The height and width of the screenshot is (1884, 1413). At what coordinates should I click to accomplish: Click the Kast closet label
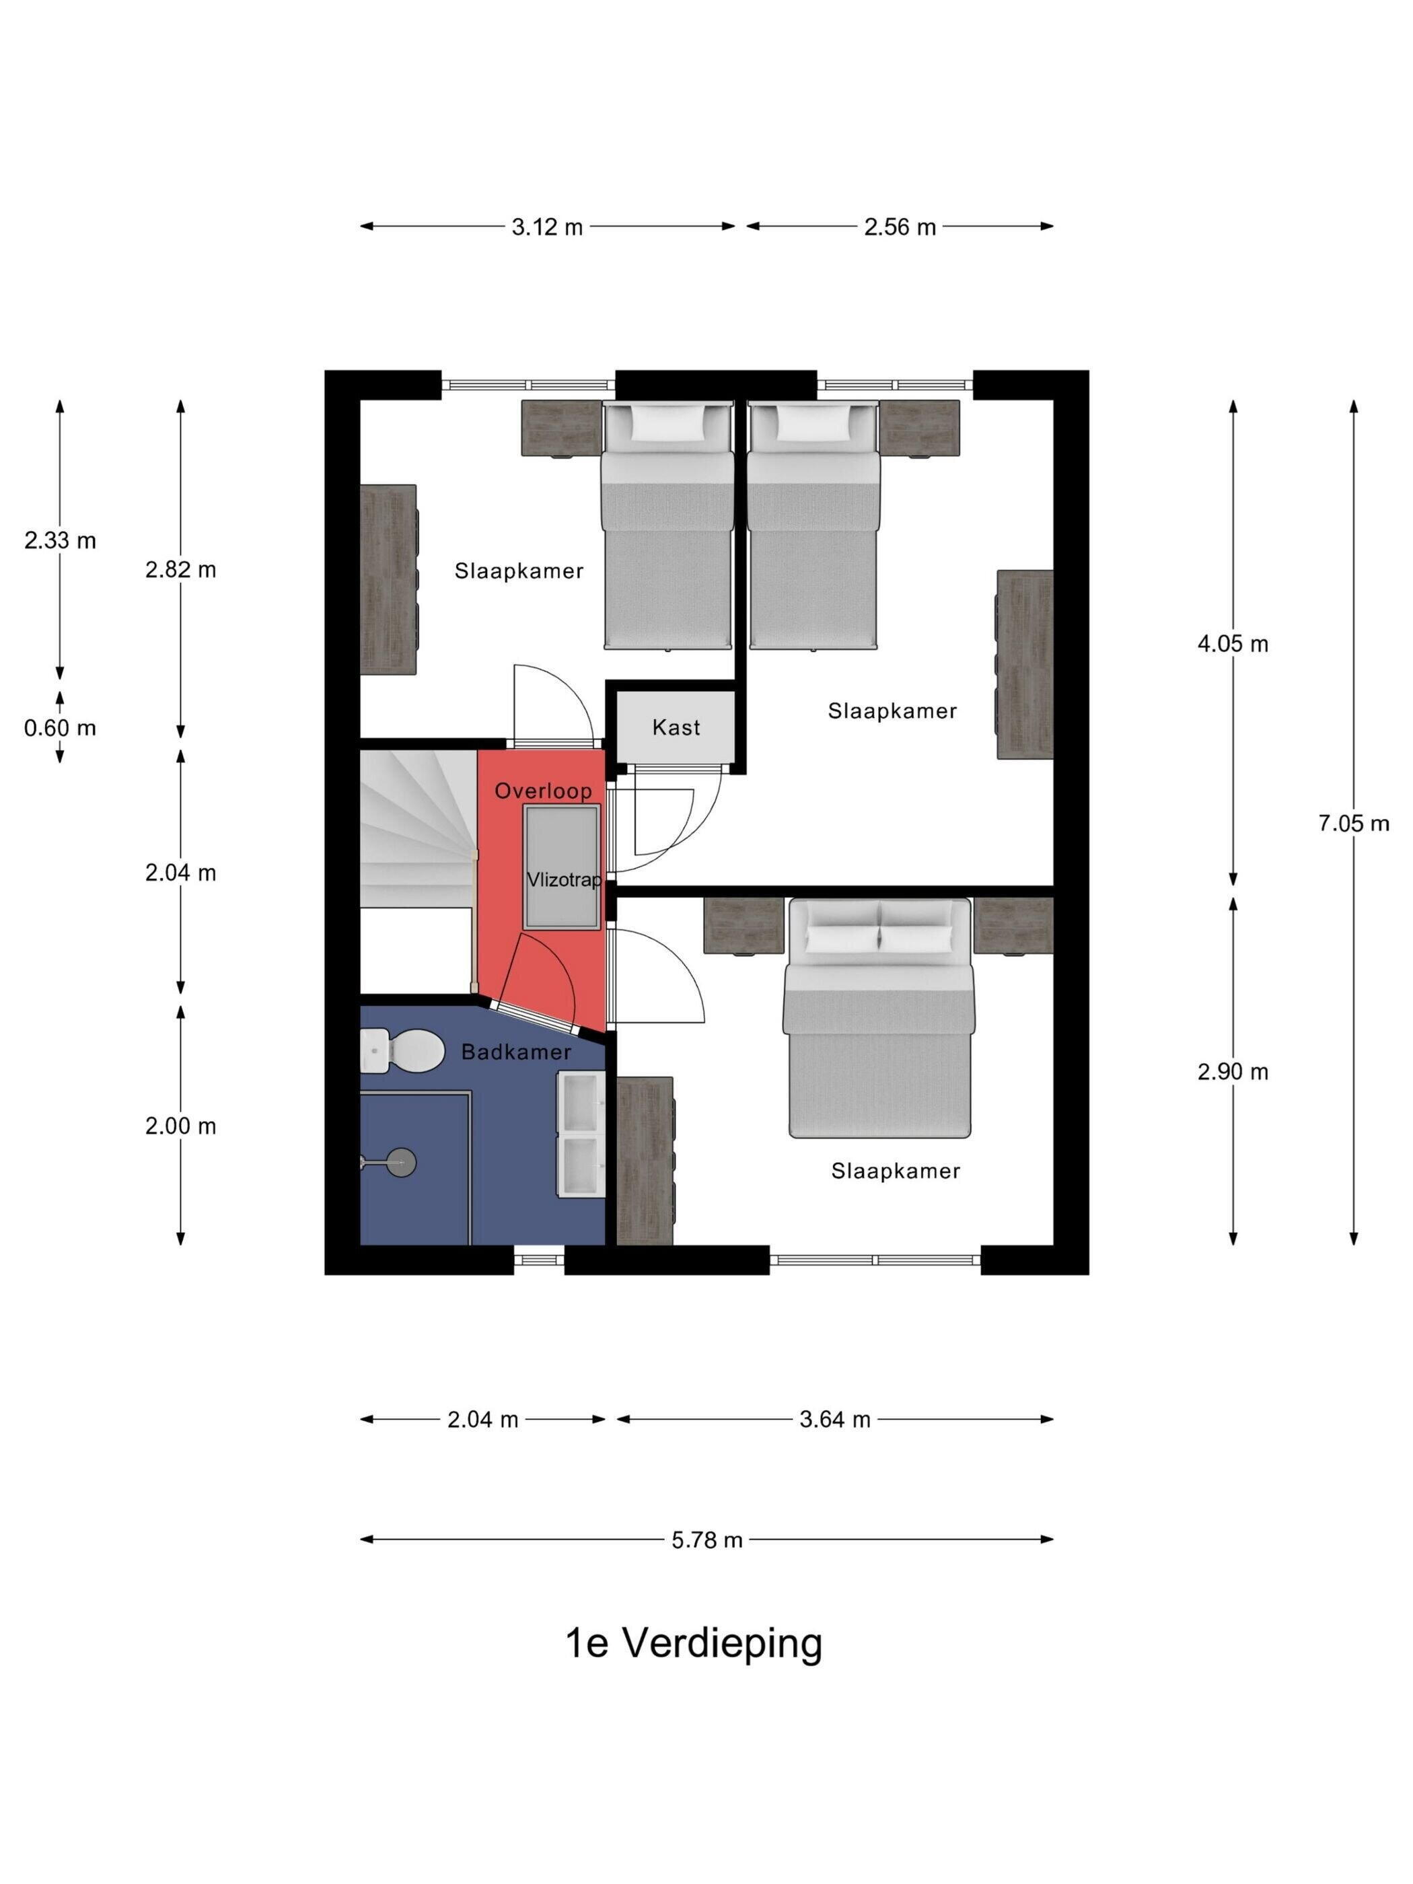pos(676,727)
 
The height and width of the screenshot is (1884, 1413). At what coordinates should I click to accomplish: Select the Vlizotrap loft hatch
pos(561,867)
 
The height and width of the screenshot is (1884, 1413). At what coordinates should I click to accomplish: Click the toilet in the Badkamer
pos(400,1051)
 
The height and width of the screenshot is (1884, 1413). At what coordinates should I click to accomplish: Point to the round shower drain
pos(400,1161)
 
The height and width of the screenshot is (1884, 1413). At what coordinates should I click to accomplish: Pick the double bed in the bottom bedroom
pos(878,1018)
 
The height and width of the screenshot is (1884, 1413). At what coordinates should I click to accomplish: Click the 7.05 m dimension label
pos(1353,824)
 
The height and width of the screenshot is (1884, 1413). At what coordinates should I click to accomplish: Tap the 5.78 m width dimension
pos(707,1540)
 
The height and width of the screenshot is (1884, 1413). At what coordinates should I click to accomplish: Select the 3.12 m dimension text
pos(547,227)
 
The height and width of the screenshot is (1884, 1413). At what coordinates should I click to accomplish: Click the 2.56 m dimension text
pos(900,227)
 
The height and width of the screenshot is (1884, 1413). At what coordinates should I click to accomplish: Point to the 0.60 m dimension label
pos(60,728)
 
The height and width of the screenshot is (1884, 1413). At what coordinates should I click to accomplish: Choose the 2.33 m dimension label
pos(60,540)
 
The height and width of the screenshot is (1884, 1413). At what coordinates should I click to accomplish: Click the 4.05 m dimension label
pos(1233,644)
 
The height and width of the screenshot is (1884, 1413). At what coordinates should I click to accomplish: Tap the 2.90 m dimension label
pos(1233,1071)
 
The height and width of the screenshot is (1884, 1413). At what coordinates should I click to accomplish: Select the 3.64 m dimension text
pos(835,1419)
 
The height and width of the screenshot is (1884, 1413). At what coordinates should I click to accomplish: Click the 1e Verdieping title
pos(694,1644)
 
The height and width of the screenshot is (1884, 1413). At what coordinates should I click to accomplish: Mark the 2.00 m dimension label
pos(180,1126)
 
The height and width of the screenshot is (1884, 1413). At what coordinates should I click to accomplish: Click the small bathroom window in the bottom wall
pos(539,1259)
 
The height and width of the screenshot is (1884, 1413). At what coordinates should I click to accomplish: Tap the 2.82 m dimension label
pos(180,570)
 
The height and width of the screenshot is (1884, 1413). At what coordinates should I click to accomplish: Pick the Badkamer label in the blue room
pos(516,1052)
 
